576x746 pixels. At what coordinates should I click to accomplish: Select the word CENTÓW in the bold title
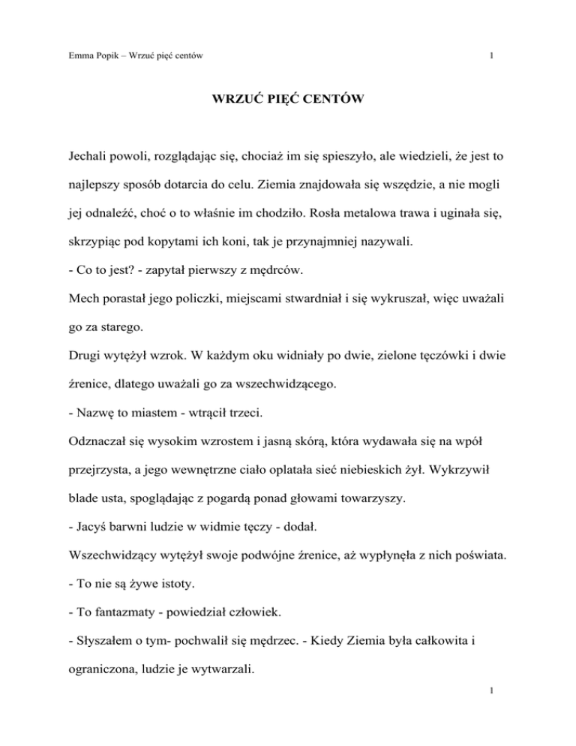point(329,117)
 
